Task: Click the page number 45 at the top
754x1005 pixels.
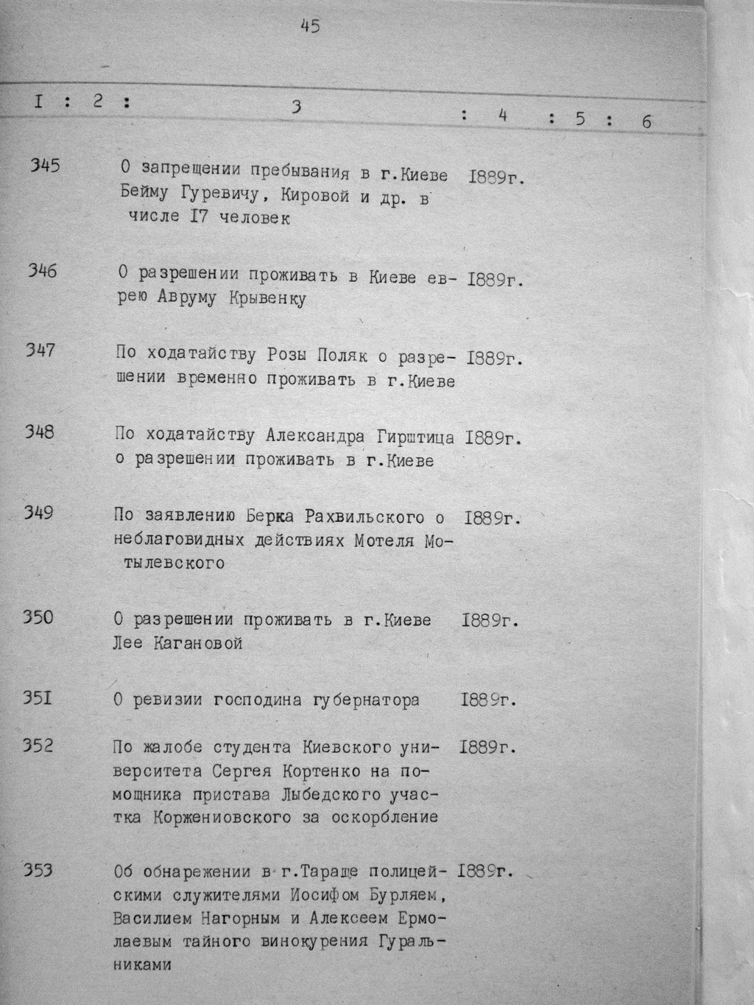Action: click(310, 27)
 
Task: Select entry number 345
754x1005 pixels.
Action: click(45, 166)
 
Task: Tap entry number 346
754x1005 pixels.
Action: click(43, 271)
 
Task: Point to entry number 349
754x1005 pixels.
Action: click(38, 512)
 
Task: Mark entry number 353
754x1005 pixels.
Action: click(38, 871)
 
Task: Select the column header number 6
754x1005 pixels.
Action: click(646, 121)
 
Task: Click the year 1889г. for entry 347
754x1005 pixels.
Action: click(492, 359)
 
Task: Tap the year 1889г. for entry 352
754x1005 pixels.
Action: click(485, 748)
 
